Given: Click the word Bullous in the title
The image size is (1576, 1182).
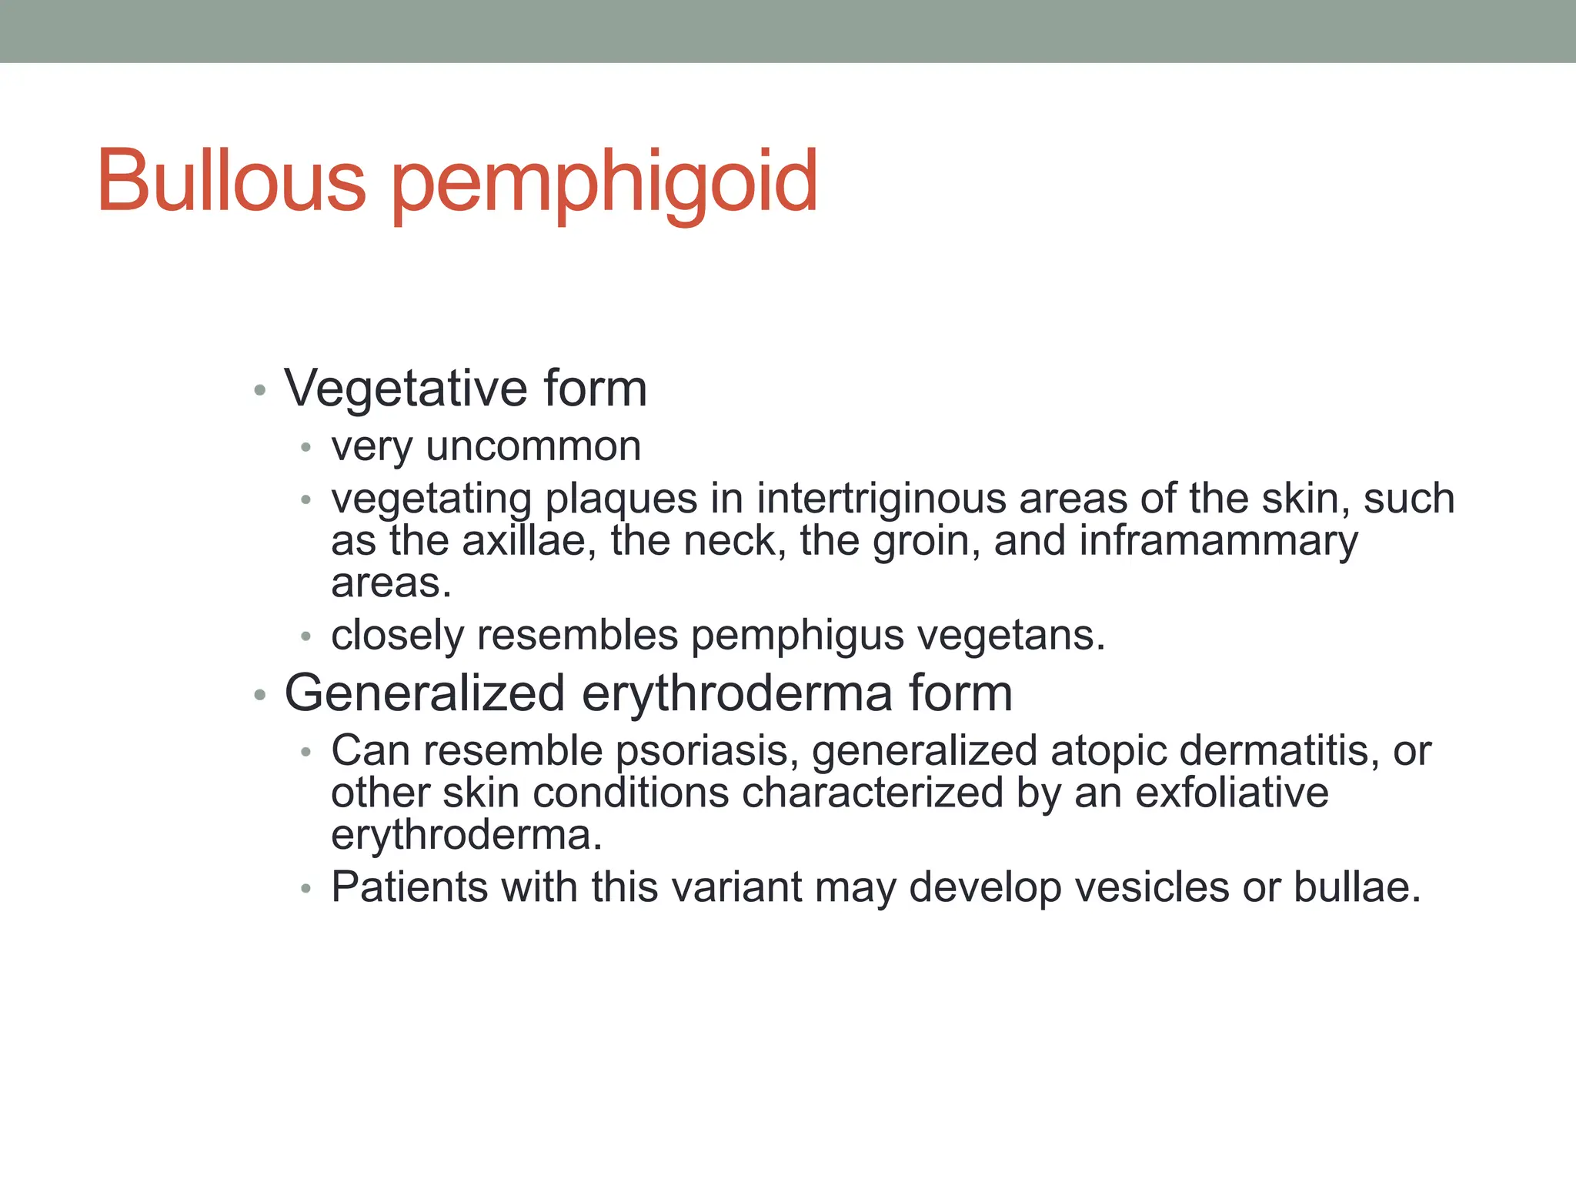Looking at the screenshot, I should tap(231, 181).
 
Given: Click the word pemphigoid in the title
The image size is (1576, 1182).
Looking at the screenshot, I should tap(605, 185).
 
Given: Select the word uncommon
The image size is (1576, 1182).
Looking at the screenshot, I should tap(533, 446).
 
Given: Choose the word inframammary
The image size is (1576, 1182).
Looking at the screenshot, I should tap(1218, 542).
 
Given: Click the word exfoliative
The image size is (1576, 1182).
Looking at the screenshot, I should tap(1231, 793).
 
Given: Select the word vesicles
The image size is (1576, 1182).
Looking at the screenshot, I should tap(1151, 886).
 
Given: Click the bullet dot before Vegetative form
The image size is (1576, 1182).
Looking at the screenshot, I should tap(260, 390).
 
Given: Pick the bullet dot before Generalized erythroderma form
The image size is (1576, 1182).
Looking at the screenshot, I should tap(260, 696).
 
